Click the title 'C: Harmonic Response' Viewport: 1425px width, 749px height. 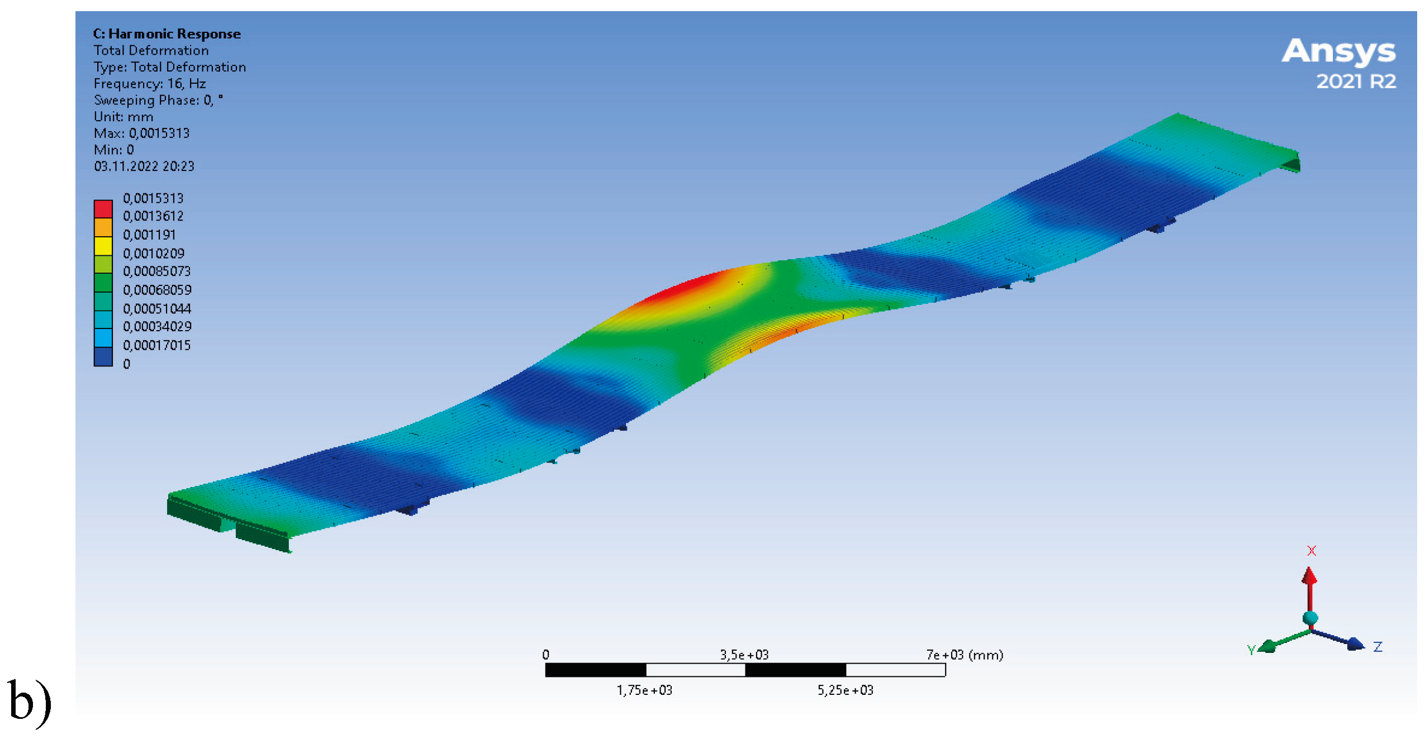pos(167,34)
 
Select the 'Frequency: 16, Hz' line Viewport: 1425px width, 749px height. pos(150,84)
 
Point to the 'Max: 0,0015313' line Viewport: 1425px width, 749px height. pos(142,133)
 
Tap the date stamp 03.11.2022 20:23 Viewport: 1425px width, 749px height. pos(144,166)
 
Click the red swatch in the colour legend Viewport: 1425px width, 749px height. pos(103,209)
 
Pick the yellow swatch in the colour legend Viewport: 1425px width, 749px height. pos(103,246)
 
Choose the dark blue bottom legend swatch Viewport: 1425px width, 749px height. pos(103,357)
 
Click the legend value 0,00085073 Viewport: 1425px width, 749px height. pos(157,271)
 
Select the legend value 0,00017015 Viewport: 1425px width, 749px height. pos(157,345)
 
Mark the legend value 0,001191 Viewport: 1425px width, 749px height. pos(149,235)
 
